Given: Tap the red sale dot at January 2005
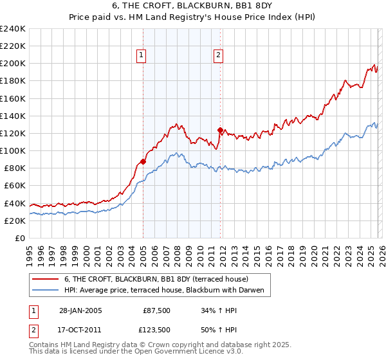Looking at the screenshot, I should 143,161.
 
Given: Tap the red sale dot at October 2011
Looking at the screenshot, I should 220,130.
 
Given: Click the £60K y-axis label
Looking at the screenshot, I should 14,186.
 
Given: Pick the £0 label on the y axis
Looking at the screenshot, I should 19,238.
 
